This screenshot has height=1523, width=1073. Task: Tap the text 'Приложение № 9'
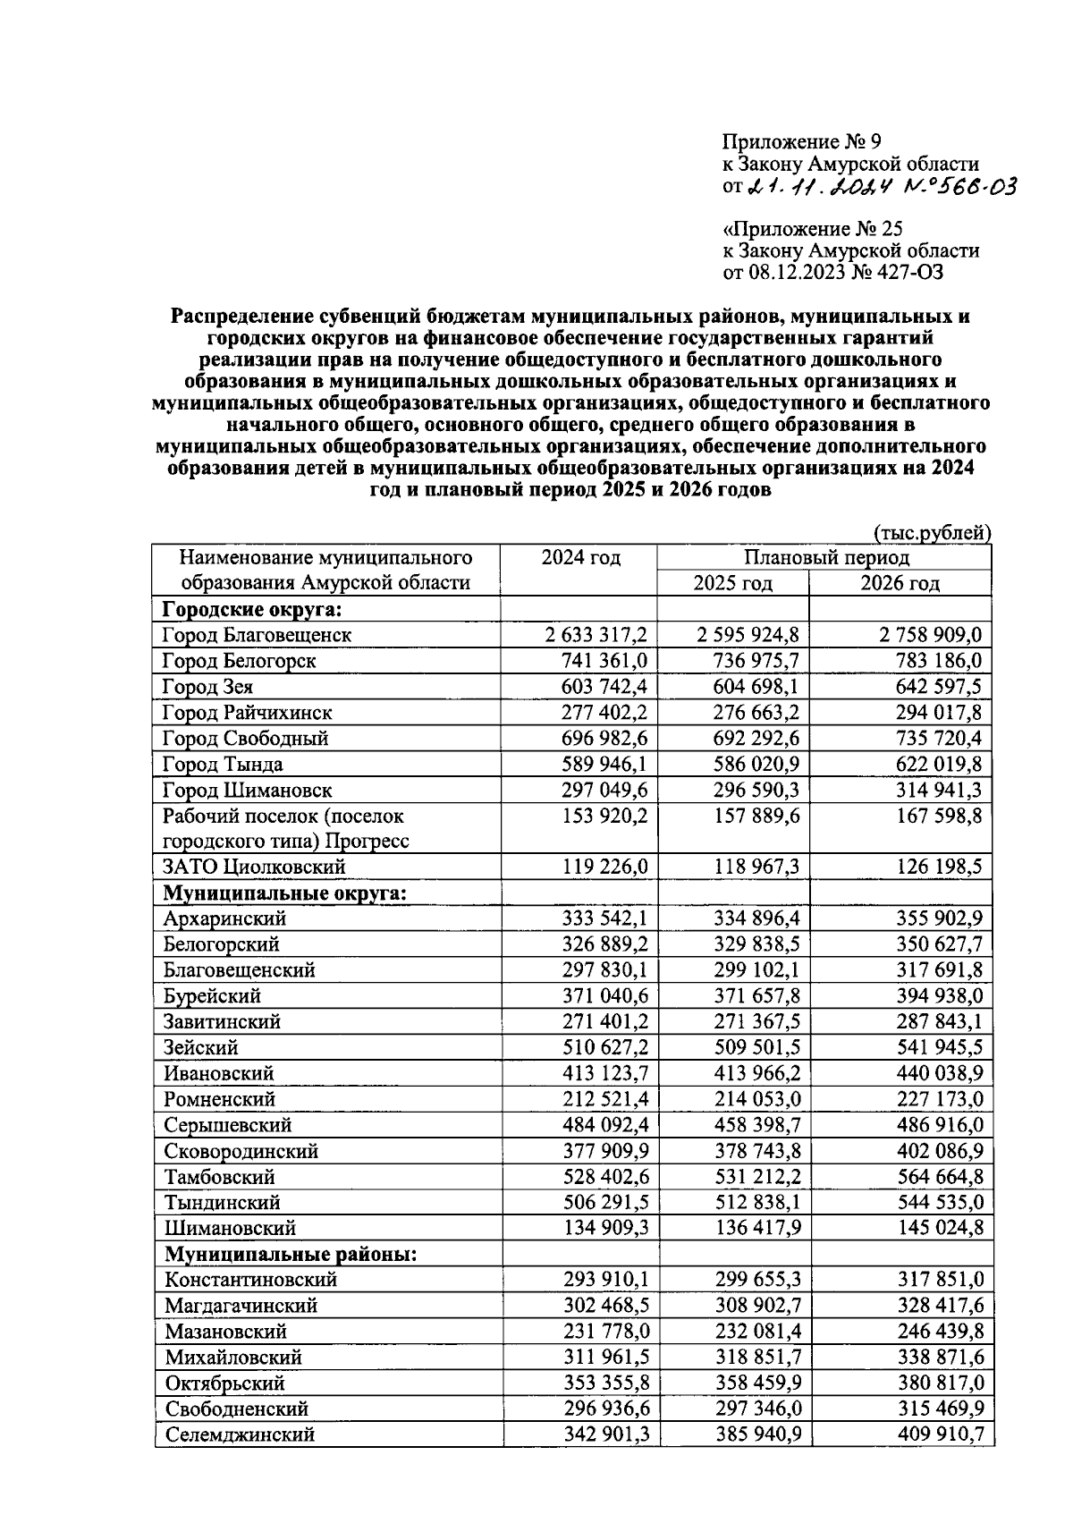tap(802, 141)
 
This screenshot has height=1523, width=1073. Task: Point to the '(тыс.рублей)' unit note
tap(931, 533)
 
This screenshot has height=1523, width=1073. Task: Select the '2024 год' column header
tap(580, 558)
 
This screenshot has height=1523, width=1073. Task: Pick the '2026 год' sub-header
tap(900, 584)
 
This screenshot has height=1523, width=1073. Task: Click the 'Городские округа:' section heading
tap(253, 610)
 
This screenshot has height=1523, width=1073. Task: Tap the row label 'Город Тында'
tap(223, 765)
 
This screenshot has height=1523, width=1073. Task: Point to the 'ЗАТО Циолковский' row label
tap(254, 867)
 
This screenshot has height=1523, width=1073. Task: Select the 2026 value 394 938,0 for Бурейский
tap(939, 996)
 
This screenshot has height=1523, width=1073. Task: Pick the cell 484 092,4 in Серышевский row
tap(604, 1125)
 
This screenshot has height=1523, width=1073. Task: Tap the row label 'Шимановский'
tap(230, 1229)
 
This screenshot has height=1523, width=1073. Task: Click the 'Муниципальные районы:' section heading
tap(291, 1254)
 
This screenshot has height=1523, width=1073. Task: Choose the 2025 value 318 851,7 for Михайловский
tap(756, 1358)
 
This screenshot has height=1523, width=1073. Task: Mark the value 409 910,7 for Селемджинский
tap(939, 1435)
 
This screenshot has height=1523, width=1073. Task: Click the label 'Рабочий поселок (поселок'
tap(283, 816)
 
